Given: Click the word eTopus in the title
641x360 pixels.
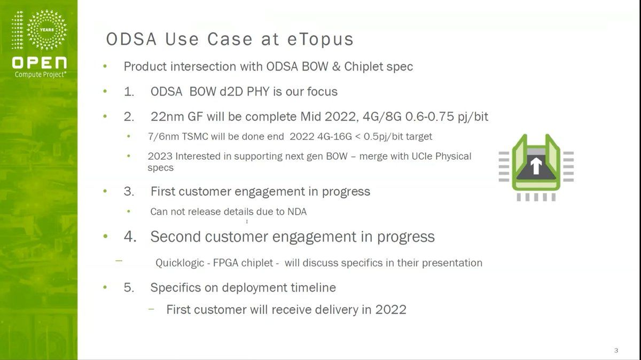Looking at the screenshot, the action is (x=320, y=39).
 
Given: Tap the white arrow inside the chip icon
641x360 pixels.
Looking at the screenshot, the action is (x=536, y=166).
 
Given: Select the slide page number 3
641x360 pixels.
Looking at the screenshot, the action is (x=616, y=350).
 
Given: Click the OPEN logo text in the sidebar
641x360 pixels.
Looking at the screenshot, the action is (x=39, y=62).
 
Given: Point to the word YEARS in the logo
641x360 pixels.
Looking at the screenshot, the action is (x=46, y=30).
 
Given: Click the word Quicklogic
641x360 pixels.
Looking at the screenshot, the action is (x=179, y=263).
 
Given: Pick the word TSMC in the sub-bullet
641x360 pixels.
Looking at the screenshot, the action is (x=195, y=137).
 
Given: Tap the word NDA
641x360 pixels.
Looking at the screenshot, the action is (x=297, y=212).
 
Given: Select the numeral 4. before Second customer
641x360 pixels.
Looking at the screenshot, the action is (x=130, y=237).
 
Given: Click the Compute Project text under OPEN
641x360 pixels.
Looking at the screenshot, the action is (x=41, y=75).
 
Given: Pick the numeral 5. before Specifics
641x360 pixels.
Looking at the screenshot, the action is (x=129, y=287).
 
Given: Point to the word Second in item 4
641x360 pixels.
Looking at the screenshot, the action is (x=175, y=237).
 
